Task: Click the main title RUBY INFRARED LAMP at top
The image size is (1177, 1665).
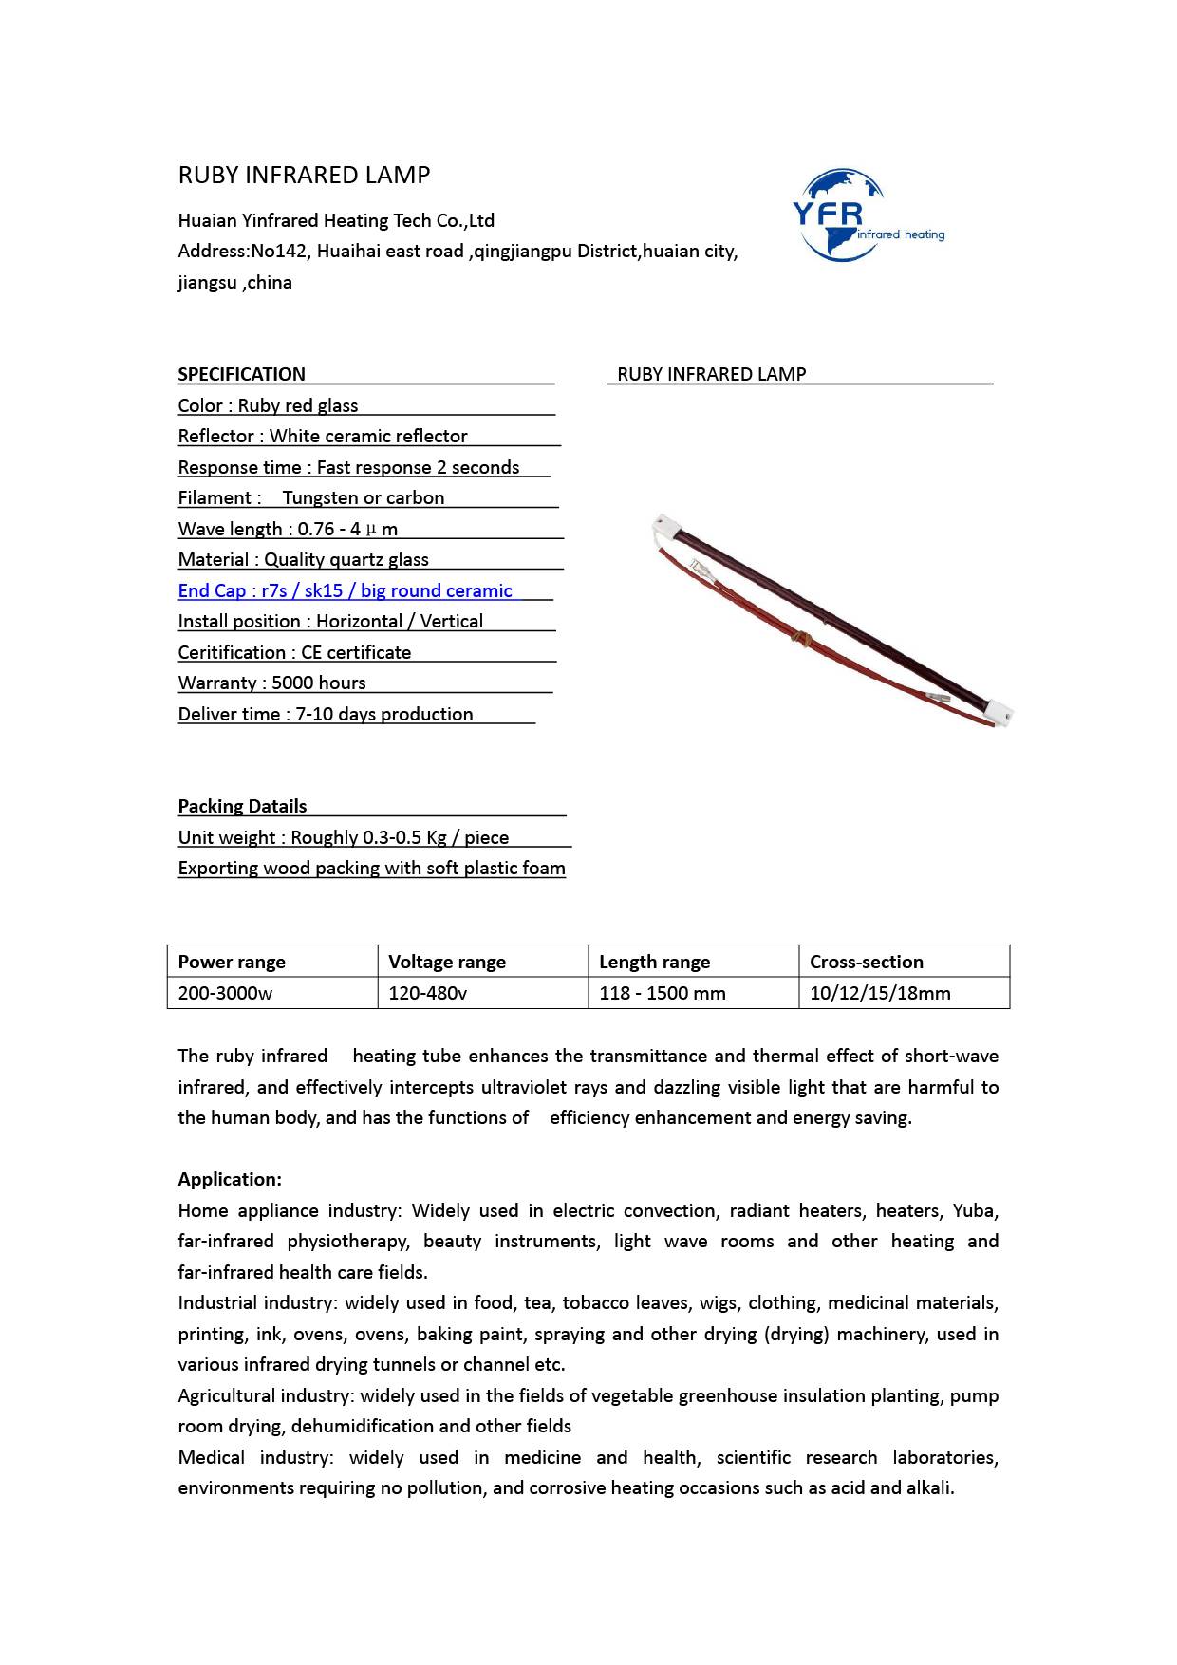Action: tap(304, 176)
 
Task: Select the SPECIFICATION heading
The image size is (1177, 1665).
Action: tap(242, 374)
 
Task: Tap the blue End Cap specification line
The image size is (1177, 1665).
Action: tap(346, 590)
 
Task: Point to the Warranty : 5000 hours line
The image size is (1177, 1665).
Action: tap(272, 683)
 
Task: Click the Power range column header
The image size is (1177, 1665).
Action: tap(232, 962)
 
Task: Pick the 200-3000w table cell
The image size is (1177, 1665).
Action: tap(225, 993)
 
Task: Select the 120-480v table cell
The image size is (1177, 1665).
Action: tap(428, 993)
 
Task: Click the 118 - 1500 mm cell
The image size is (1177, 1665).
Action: tap(663, 993)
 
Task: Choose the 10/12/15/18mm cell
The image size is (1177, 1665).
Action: tap(880, 993)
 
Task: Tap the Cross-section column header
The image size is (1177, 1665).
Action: tap(867, 962)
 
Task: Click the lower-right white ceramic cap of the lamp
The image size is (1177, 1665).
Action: tap(1000, 710)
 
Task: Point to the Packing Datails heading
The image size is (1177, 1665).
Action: tap(243, 806)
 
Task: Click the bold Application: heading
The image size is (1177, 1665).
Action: tap(230, 1179)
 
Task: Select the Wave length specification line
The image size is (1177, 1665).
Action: tap(288, 529)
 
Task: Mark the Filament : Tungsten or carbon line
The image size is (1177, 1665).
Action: tap(311, 497)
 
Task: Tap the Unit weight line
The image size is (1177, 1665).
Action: tap(344, 837)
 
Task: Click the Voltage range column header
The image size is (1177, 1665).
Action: tap(447, 962)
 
